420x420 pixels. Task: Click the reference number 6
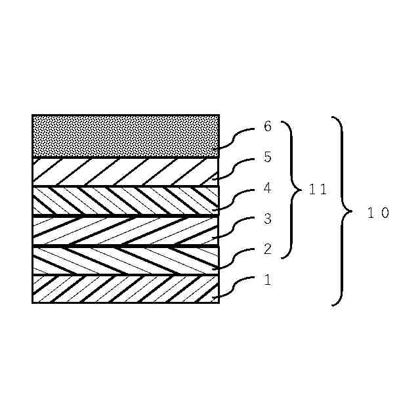click(267, 127)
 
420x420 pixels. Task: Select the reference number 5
click(267, 157)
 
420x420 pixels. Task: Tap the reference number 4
click(267, 188)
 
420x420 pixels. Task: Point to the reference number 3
click(267, 219)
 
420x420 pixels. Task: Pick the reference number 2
click(267, 249)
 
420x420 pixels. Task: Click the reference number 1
click(267, 280)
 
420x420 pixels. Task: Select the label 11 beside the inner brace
click(318, 190)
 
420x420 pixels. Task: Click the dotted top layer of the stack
click(125, 136)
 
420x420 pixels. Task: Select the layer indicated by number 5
click(125, 171)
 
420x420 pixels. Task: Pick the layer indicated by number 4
click(125, 201)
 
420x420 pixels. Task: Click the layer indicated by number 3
click(125, 230)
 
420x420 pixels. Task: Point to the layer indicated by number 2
click(125, 260)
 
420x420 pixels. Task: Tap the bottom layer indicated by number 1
click(125, 289)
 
